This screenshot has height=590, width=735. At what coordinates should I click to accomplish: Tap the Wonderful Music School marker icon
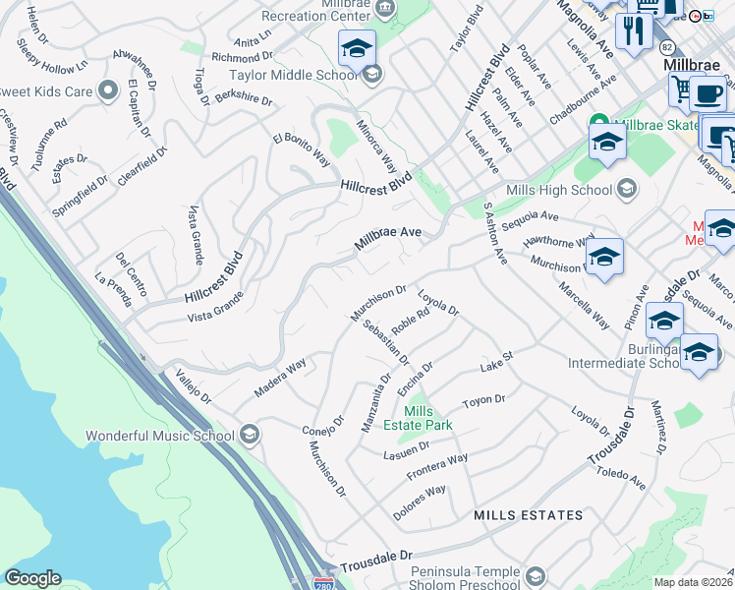pyautogui.click(x=250, y=435)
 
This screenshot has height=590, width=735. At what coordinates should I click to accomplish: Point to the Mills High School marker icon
pyautogui.click(x=625, y=190)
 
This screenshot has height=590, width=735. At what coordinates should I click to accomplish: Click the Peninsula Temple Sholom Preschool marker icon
pyautogui.click(x=536, y=575)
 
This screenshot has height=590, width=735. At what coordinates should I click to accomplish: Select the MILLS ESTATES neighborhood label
pyautogui.click(x=528, y=515)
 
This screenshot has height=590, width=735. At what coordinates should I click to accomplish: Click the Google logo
pyautogui.click(x=32, y=578)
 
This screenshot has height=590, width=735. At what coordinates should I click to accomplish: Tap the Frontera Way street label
pyautogui.click(x=437, y=468)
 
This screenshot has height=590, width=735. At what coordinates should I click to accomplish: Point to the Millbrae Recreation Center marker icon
pyautogui.click(x=386, y=9)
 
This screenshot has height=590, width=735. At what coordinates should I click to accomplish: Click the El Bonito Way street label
pyautogui.click(x=302, y=146)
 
